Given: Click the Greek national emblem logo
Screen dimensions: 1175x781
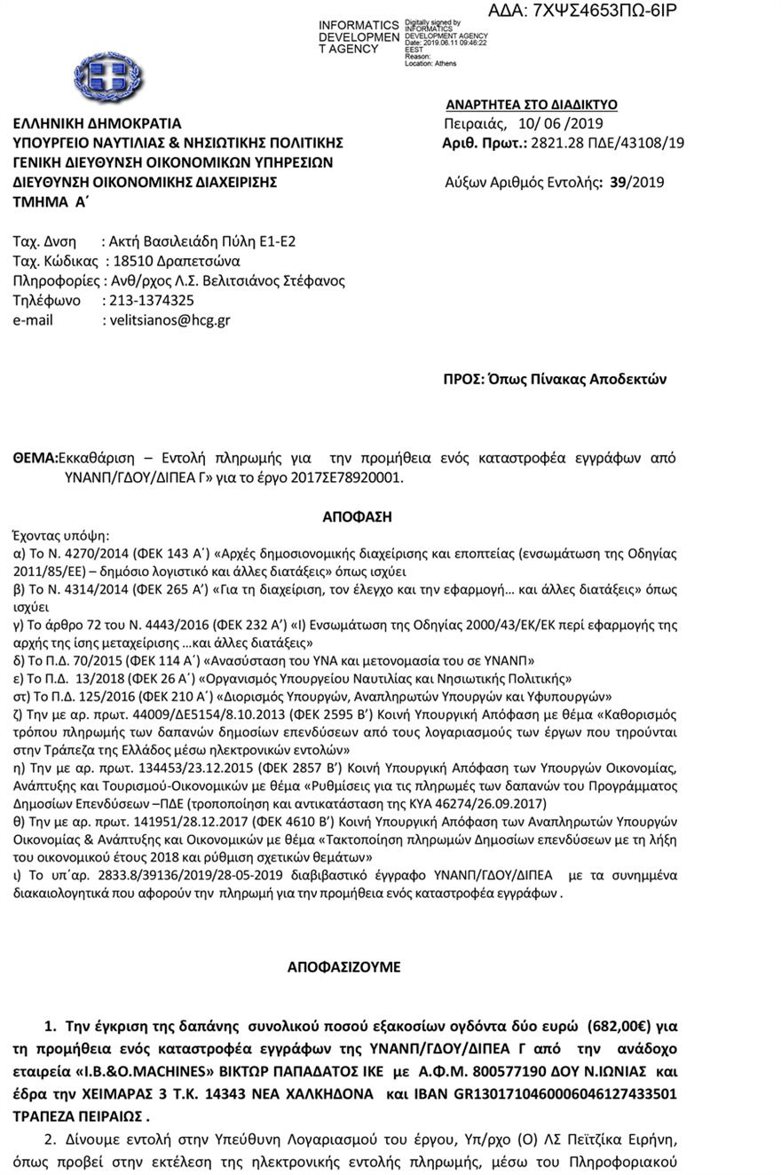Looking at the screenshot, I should click(108, 76).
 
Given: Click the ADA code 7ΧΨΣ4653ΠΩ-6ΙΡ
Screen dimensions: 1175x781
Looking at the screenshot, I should click(582, 12).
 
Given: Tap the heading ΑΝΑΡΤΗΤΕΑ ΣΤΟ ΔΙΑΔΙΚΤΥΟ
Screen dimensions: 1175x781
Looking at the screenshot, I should click(531, 105).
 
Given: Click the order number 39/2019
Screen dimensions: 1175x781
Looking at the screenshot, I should click(636, 183).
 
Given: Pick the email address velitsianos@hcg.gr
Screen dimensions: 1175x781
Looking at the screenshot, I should click(170, 320).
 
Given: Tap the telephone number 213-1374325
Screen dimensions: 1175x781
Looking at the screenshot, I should click(151, 301).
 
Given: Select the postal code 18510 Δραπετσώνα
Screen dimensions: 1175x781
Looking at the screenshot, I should click(177, 262).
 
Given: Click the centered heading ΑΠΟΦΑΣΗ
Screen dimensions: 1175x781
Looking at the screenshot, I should click(357, 517).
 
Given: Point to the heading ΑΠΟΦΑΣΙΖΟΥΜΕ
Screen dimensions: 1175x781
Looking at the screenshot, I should click(343, 967).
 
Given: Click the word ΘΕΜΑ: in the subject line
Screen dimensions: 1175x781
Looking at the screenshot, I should click(35, 459).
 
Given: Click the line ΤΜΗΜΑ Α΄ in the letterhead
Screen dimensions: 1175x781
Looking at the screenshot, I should click(51, 202).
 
